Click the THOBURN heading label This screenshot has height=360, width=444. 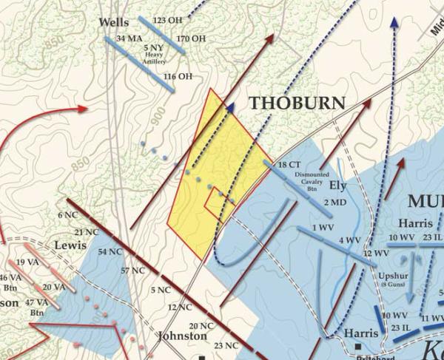[297, 103]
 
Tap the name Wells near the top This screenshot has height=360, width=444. [114, 23]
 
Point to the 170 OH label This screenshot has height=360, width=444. [191, 38]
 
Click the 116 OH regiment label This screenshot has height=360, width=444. [178, 76]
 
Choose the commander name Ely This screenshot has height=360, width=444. [337, 185]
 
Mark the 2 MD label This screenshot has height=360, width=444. [334, 202]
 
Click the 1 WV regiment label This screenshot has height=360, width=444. [321, 227]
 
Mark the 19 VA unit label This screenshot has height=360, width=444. [27, 262]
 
